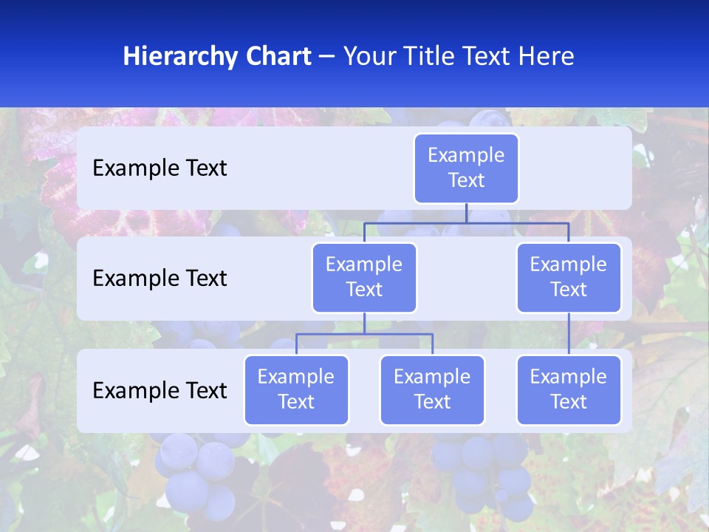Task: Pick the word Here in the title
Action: point(545,57)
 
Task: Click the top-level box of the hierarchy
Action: point(466,168)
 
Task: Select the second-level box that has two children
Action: point(364,277)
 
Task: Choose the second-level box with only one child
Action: point(569,277)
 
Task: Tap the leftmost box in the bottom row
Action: point(296,389)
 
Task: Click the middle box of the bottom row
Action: point(432,389)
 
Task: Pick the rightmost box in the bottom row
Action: point(569,389)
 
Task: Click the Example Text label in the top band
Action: point(160,168)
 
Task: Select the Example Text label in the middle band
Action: point(160,279)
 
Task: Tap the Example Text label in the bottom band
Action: point(160,391)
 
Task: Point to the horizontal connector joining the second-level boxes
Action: point(517,222)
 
